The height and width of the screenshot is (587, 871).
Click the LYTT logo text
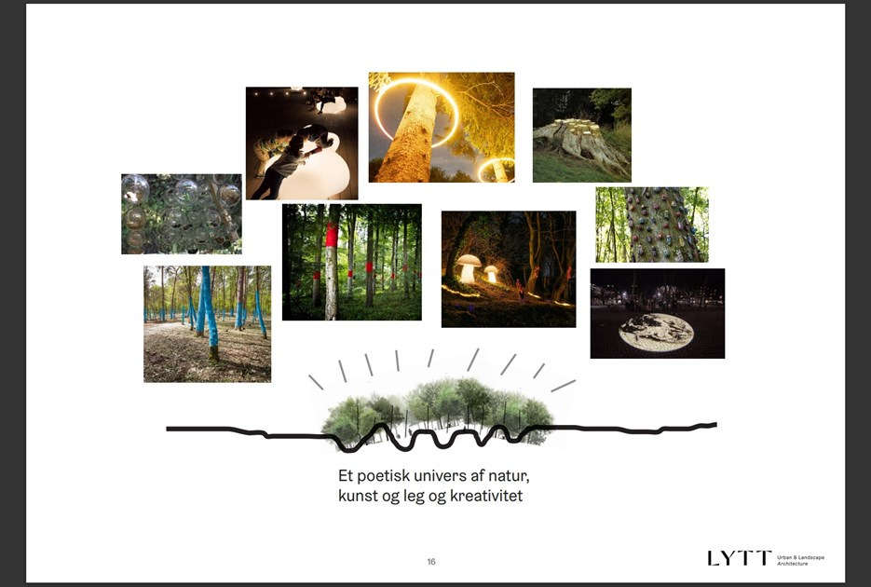[x=740, y=558]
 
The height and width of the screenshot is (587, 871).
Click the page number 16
[x=431, y=562]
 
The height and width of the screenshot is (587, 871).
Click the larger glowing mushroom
[x=468, y=268]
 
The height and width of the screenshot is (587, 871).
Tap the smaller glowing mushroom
[x=491, y=273]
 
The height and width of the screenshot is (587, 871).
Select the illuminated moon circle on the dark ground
[x=656, y=332]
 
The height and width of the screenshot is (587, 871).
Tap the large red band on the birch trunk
[x=332, y=235]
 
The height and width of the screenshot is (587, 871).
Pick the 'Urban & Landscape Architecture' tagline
[x=800, y=560]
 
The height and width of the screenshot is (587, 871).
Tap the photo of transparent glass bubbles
[x=182, y=213]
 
